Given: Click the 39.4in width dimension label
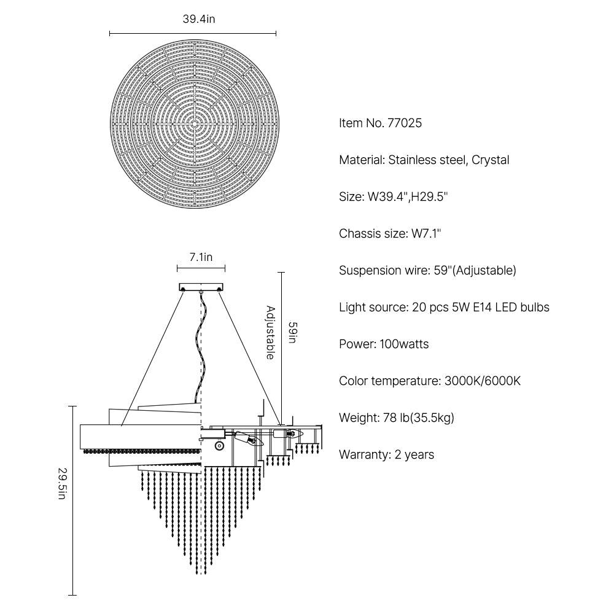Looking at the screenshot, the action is pyautogui.click(x=199, y=19).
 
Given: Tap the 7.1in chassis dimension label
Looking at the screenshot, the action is pyautogui.click(x=201, y=257).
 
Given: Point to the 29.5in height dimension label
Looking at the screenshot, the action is pyautogui.click(x=62, y=484).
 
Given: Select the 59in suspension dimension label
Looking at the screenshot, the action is pyautogui.click(x=293, y=332).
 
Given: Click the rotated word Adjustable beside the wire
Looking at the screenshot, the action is pyautogui.click(x=271, y=332).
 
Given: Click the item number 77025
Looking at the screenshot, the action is pyautogui.click(x=405, y=123).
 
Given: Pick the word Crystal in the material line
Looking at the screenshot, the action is pyautogui.click(x=490, y=160).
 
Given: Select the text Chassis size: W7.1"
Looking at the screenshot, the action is pyautogui.click(x=390, y=233).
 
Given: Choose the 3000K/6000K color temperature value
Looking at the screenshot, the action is pyautogui.click(x=483, y=381).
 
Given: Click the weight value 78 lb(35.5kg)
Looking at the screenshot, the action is pyautogui.click(x=418, y=418).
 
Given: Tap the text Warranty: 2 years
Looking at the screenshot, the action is pyautogui.click(x=386, y=454).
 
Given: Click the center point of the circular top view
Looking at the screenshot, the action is pyautogui.click(x=195, y=123).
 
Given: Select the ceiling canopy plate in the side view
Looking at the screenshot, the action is pyautogui.click(x=201, y=287).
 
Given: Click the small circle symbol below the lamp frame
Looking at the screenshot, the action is pyautogui.click(x=219, y=446).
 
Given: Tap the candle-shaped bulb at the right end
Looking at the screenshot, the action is pyautogui.click(x=295, y=433).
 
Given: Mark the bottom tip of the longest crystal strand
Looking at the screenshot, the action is pyautogui.click(x=198, y=574).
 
